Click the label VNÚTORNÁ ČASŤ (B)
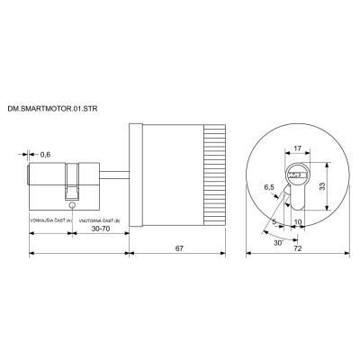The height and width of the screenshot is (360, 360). tap(99, 221)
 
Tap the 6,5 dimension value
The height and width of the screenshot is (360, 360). tap(268, 188)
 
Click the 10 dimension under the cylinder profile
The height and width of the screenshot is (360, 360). tap(299, 220)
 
